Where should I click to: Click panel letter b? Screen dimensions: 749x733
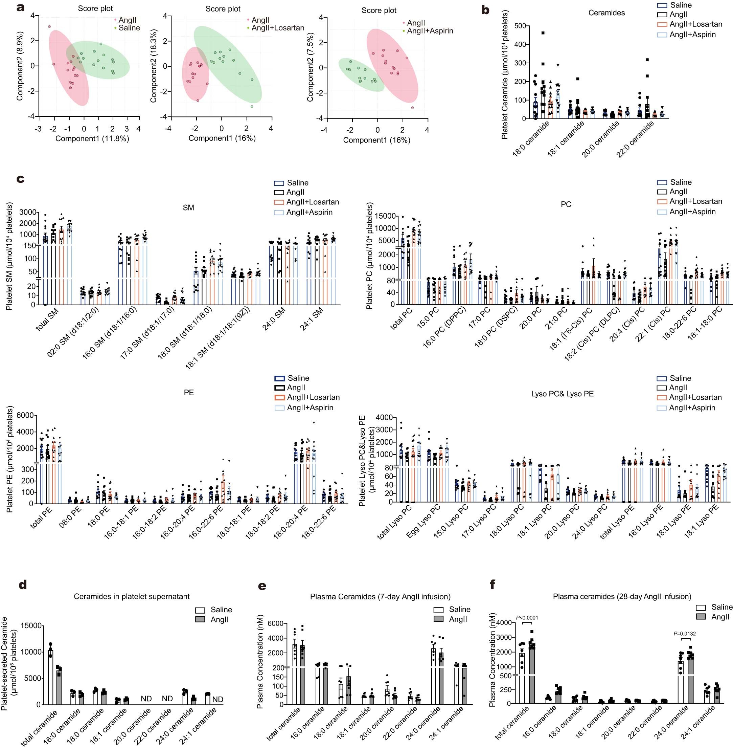click(486, 10)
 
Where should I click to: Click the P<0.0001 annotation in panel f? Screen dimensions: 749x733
click(527, 618)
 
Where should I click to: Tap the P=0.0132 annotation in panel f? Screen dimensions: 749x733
click(685, 633)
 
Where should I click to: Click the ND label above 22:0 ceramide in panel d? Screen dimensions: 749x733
click(167, 699)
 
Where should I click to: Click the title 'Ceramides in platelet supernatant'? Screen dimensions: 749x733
click(132, 596)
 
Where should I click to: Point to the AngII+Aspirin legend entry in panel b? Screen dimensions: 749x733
click(692, 34)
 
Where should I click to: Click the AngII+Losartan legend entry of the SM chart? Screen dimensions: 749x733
click(312, 202)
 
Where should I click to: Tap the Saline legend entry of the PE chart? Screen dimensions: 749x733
click(298, 378)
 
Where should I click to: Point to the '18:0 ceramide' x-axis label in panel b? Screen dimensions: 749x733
click(531, 139)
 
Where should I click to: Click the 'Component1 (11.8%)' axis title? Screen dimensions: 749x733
click(92, 138)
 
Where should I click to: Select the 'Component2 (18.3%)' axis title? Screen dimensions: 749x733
click(154, 66)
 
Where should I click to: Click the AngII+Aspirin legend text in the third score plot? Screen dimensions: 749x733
click(430, 31)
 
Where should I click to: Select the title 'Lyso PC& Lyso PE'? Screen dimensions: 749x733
click(562, 394)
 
